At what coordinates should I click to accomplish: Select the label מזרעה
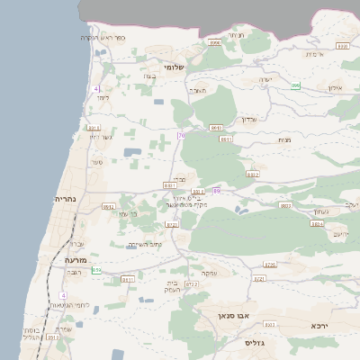click(75, 258)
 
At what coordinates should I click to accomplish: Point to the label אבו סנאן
click(231, 317)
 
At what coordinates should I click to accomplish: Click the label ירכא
click(319, 325)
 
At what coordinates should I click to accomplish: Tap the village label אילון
click(337, 89)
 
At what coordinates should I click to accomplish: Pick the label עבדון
click(249, 118)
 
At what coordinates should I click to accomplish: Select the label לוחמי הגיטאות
click(66, 304)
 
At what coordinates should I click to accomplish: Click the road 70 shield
click(181, 136)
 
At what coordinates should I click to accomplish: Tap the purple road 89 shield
click(216, 190)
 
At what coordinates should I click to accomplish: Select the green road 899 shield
click(295, 86)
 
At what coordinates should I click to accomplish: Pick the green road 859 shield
click(96, 269)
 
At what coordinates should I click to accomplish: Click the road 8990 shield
click(214, 42)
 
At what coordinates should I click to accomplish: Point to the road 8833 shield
click(287, 205)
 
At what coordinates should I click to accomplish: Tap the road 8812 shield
click(109, 206)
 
